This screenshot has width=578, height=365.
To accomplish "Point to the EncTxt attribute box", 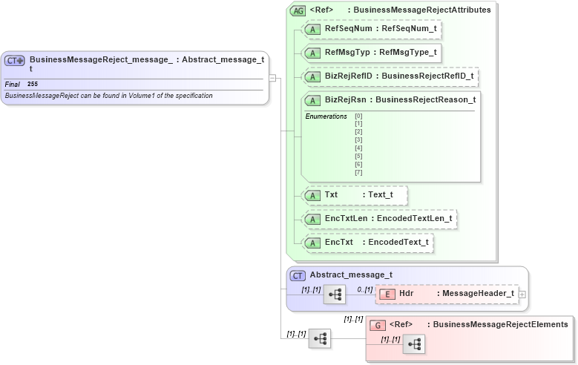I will (369, 242).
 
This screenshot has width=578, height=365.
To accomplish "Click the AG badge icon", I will (298, 10).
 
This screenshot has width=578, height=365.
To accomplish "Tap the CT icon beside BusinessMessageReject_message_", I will (15, 60).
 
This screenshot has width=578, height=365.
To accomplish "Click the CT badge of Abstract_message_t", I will (298, 275).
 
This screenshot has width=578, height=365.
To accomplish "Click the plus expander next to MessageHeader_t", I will (523, 294).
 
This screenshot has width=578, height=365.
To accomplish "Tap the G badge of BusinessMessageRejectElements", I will (378, 324).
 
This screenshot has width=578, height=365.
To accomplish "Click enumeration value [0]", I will (358, 116).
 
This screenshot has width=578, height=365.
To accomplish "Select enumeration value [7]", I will (358, 173).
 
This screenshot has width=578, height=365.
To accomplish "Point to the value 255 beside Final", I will (33, 84).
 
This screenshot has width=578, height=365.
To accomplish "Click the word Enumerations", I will (326, 116).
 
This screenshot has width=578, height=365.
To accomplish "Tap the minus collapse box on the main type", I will (273, 77).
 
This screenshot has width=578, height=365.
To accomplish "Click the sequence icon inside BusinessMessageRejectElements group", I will (415, 344).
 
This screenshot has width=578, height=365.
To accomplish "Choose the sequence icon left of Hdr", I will (335, 295).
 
